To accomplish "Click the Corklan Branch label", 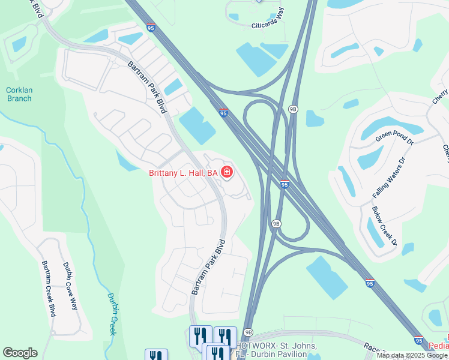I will click(18, 94).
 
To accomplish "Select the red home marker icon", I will click(227, 173).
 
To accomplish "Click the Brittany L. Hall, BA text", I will click(182, 173).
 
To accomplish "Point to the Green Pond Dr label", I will click(394, 137).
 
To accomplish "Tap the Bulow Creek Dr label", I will click(385, 226).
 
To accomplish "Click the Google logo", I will click(20, 353).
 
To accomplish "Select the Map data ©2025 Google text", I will click(412, 355).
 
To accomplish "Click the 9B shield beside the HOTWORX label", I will click(249, 332).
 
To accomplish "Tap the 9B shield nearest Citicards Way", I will click(293, 109).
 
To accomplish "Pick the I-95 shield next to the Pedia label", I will click(419, 340).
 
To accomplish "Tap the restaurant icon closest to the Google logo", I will click(156, 355).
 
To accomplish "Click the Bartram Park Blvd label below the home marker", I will click(208, 267).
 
